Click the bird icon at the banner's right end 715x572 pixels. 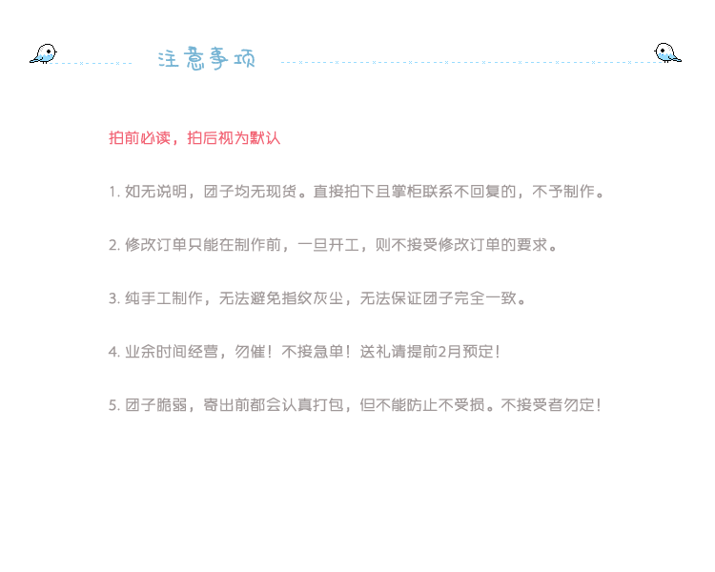coord(664,53)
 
